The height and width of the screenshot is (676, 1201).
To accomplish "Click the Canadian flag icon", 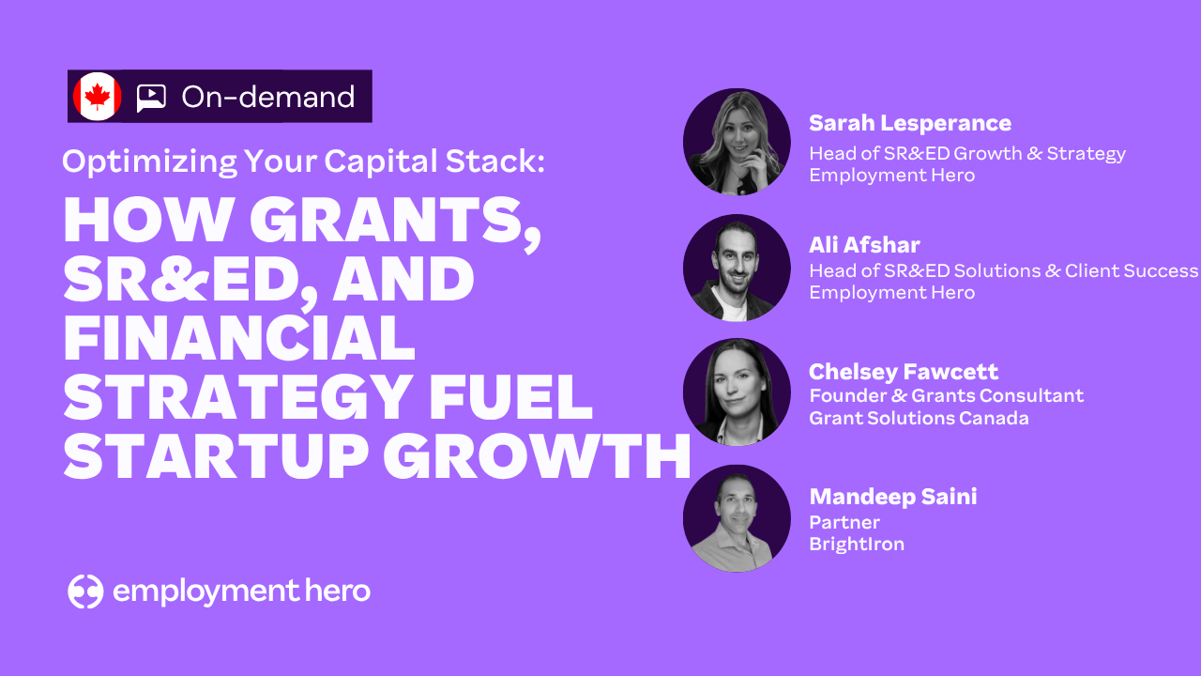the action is pyautogui.click(x=97, y=97).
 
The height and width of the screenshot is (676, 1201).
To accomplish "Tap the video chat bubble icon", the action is pyautogui.click(x=151, y=99).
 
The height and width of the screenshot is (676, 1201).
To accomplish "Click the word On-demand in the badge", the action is pyautogui.click(x=268, y=97).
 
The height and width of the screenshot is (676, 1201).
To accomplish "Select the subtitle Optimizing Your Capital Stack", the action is pyautogui.click(x=303, y=161).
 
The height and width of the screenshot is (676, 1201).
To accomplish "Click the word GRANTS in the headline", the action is pyautogui.click(x=395, y=221).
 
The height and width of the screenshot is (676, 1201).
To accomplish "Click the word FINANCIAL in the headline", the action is pyautogui.click(x=239, y=337).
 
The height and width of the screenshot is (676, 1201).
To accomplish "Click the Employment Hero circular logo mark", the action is pyautogui.click(x=85, y=591).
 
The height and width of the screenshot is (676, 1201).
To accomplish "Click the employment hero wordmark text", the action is pyautogui.click(x=241, y=591).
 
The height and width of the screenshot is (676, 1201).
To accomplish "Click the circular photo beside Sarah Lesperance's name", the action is pyautogui.click(x=737, y=142).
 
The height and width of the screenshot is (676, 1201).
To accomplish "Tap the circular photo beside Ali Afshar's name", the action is pyautogui.click(x=737, y=268).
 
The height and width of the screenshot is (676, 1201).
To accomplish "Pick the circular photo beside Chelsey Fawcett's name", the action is pyautogui.click(x=737, y=392).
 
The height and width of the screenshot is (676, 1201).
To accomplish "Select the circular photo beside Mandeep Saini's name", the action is pyautogui.click(x=737, y=518).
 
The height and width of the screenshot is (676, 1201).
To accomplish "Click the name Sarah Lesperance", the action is pyautogui.click(x=910, y=123).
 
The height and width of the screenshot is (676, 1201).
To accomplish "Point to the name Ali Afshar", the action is pyautogui.click(x=864, y=245).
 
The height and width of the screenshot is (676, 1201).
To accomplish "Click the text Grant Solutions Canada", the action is pyautogui.click(x=919, y=418).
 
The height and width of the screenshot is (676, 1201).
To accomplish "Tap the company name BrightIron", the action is pyautogui.click(x=857, y=544).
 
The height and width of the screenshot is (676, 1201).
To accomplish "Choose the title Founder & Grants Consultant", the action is pyautogui.click(x=947, y=395).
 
